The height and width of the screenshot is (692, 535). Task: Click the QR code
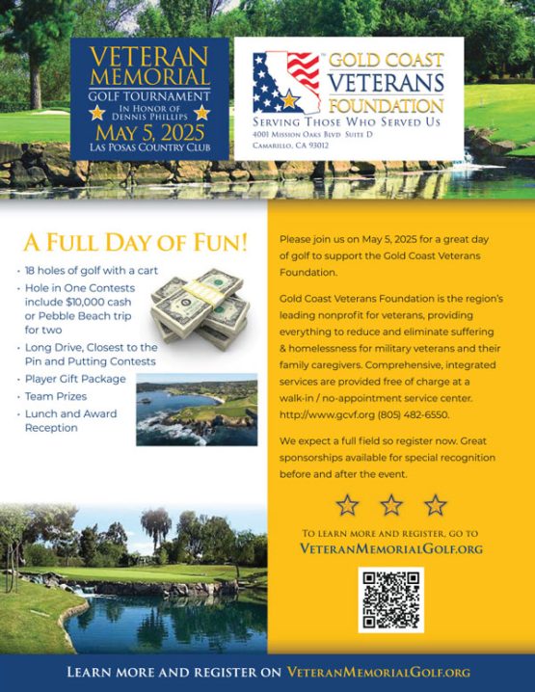tap(390, 599)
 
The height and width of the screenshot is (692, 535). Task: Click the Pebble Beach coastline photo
tap(197, 409)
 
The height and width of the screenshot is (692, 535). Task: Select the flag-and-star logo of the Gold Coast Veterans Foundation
tap(286, 83)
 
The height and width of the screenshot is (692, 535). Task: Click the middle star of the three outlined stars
tap(391, 504)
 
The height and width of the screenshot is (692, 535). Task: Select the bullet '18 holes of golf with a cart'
tap(94, 270)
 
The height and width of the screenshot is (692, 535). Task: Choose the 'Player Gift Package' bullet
tap(77, 379)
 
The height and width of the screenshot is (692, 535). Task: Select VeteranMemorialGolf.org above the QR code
tap(391, 548)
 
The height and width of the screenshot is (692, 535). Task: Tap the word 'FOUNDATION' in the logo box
tap(385, 104)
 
